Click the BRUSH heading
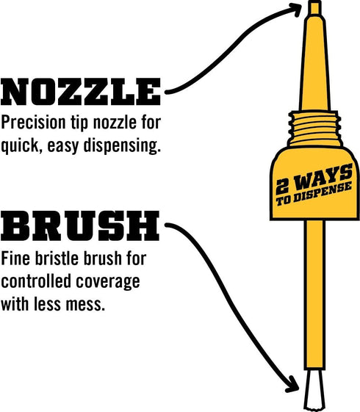79,226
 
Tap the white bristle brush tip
314,394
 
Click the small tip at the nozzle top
314,8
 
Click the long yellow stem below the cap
314,294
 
